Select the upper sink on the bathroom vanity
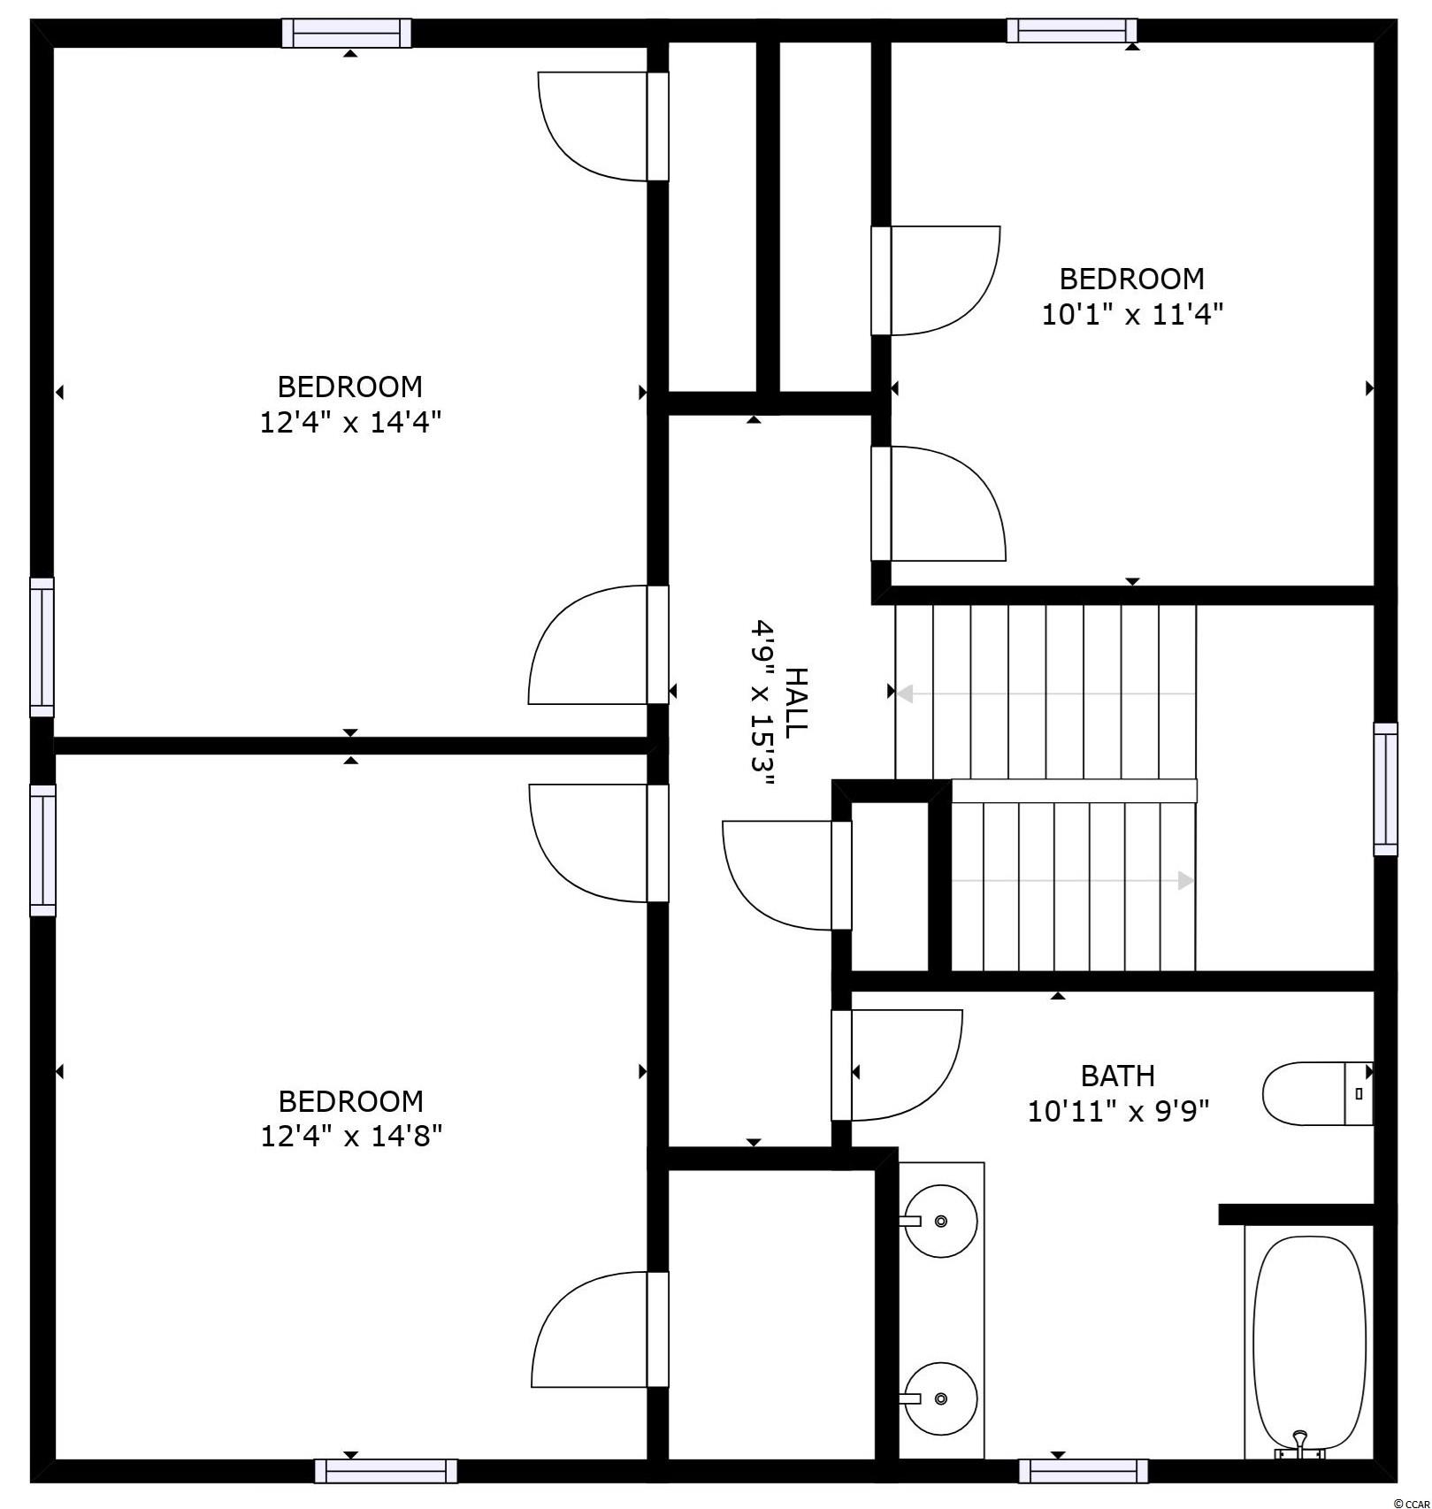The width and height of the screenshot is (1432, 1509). click(940, 1221)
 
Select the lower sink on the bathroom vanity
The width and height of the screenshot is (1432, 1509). click(940, 1398)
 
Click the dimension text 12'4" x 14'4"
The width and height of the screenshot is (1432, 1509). click(350, 422)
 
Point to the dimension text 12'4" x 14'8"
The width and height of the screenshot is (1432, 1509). click(351, 1136)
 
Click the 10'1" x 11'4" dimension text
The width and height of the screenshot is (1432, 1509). click(1132, 314)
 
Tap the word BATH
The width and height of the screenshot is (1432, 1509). click(1118, 1076)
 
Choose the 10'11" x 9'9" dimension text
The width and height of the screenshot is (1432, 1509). click(1118, 1110)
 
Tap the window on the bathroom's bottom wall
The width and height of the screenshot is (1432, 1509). click(1084, 1471)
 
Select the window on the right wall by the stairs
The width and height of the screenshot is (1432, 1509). click(1386, 789)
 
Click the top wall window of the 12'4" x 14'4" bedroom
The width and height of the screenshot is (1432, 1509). click(347, 33)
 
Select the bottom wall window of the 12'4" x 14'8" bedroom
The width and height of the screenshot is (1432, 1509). click(387, 1471)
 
